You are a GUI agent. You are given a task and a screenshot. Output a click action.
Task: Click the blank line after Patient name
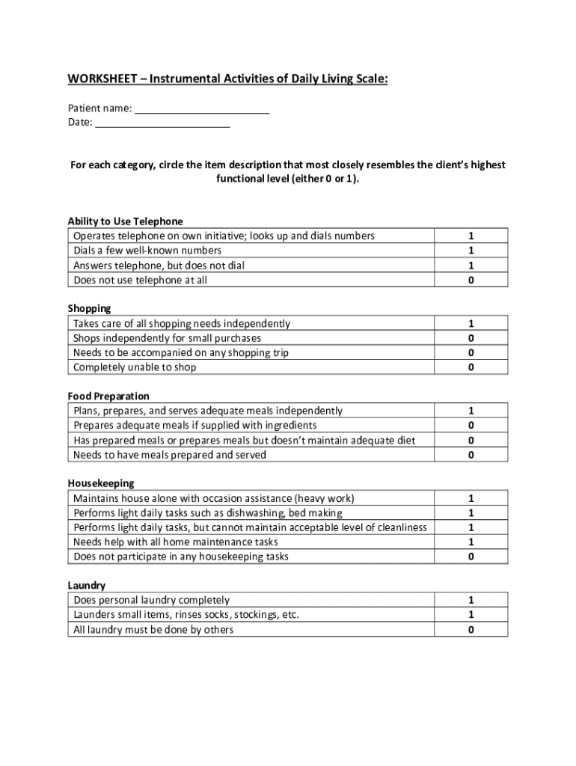[202, 109]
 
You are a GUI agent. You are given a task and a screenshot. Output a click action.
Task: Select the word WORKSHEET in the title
[101, 79]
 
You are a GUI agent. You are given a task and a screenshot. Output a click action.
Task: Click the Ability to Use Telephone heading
[125, 221]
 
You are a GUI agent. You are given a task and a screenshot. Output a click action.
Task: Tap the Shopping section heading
[89, 308]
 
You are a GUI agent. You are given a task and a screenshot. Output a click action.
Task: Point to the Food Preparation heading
[108, 396]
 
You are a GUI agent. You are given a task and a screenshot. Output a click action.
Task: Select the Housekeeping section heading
[101, 483]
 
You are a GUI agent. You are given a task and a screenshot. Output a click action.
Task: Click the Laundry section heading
[86, 585]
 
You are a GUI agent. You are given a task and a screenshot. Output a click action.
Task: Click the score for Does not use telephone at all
[471, 281]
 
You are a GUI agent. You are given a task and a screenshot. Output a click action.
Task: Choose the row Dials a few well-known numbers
[147, 251]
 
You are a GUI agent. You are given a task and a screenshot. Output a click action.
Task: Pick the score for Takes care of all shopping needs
[471, 324]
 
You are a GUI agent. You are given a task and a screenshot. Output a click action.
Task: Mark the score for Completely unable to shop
[471, 367]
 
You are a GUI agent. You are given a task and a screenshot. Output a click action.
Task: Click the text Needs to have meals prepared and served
[170, 455]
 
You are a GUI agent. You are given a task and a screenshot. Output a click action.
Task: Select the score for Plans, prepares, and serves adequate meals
[471, 411]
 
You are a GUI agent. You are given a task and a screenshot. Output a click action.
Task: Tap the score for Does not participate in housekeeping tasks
[471, 557]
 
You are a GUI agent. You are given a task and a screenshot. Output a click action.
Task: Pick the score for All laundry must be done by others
[471, 630]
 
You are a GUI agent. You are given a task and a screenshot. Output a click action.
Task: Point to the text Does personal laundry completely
[151, 600]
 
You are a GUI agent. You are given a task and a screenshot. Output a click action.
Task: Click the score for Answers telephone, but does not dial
[471, 266]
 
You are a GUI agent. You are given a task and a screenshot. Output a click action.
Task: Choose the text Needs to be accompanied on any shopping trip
[181, 352]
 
